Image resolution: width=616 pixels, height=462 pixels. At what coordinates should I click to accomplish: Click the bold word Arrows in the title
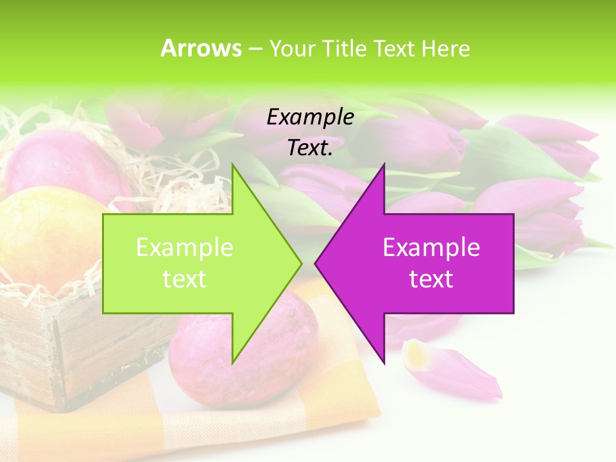(201, 48)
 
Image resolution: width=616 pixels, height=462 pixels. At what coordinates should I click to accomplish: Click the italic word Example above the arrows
(310, 117)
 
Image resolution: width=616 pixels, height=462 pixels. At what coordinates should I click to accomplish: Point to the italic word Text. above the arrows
(310, 148)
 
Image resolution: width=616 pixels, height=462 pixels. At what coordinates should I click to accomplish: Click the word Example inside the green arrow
(185, 248)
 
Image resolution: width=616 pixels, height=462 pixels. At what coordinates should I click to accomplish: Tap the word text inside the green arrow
(185, 279)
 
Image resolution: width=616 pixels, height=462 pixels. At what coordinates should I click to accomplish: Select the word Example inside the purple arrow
(431, 248)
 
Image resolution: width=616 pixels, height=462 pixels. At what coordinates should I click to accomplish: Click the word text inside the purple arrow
(431, 279)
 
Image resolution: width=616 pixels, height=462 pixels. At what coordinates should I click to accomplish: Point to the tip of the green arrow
(300, 263)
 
